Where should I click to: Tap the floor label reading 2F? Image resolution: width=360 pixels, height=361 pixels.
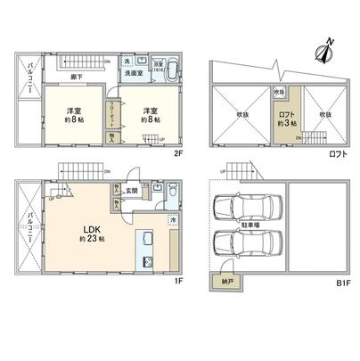[x=178, y=153]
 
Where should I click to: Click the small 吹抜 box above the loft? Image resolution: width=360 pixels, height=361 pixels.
[x=279, y=93]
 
